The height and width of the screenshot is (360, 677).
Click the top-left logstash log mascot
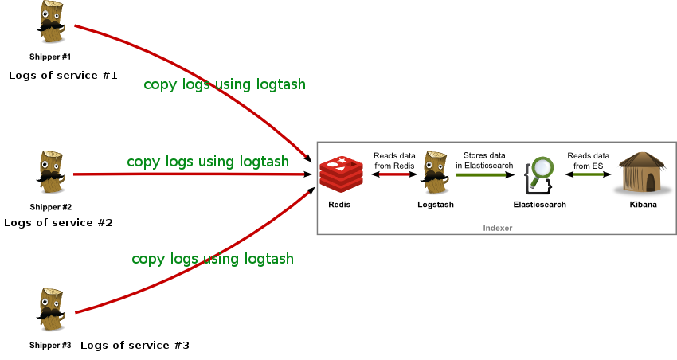(51, 22)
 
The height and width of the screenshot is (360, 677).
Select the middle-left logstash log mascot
(51, 172)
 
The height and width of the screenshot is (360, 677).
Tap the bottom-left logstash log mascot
(52, 310)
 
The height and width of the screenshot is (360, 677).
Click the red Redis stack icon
(341, 174)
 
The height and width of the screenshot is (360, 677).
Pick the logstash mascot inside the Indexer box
(436, 172)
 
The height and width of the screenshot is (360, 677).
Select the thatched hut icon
(642, 174)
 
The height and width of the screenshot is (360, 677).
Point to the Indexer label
(498, 228)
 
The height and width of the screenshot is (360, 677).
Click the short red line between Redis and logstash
(393, 174)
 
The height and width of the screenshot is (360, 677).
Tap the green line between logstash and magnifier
(480, 174)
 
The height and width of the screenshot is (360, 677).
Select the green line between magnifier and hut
(588, 174)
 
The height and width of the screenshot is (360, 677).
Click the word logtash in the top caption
(281, 84)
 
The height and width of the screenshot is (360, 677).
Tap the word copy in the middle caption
(143, 162)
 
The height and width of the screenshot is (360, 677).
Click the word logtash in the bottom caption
(269, 259)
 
